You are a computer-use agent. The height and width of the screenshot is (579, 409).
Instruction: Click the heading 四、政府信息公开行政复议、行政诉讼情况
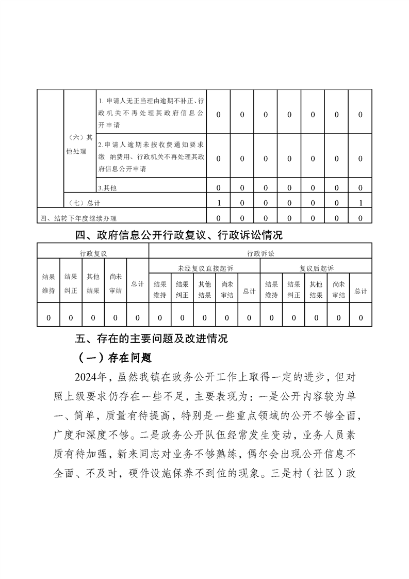179,235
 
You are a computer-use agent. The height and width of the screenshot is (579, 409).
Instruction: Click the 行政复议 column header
93,253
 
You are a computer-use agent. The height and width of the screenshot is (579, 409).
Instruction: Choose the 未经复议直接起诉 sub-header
205,268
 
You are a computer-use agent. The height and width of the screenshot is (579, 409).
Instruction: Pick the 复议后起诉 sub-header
316,268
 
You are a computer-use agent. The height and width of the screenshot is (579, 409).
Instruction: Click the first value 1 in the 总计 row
219,202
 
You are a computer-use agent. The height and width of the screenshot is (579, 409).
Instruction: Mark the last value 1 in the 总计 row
361,202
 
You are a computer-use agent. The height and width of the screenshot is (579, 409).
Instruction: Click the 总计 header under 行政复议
137,284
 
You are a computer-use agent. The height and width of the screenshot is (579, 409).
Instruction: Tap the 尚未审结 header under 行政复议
116,284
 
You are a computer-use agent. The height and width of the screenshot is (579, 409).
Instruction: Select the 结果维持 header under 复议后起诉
271,289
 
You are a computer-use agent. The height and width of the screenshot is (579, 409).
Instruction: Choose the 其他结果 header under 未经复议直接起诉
205,289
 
